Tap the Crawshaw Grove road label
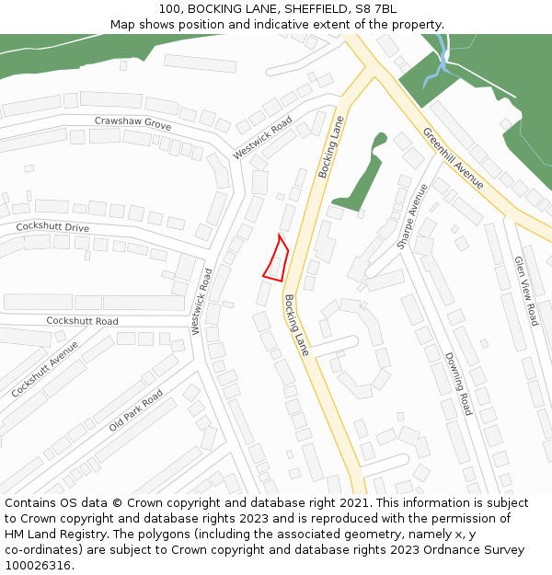(132, 122)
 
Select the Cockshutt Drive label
(52, 227)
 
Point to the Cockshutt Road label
(82, 321)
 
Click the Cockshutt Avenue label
(46, 368)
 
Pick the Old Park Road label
(135, 410)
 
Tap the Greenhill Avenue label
(453, 158)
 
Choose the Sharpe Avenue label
(412, 216)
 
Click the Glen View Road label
(526, 291)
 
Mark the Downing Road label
(457, 384)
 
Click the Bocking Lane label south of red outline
(296, 326)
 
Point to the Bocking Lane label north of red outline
(330, 147)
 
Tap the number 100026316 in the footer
(38, 566)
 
